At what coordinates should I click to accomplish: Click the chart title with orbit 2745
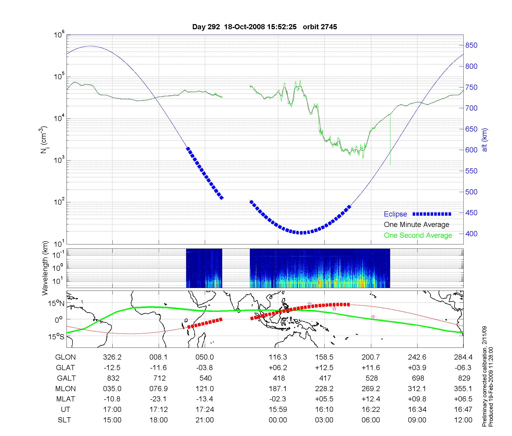[x=264, y=27]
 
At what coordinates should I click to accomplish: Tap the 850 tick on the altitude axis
[x=471, y=45]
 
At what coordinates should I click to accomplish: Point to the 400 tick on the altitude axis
[x=471, y=234]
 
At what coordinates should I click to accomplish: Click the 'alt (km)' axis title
[x=485, y=140]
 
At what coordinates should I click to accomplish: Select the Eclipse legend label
[x=395, y=214]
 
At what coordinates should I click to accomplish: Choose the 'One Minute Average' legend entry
[x=417, y=225]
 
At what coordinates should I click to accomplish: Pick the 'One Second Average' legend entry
[x=418, y=235]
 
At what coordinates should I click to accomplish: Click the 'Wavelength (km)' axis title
[x=45, y=268]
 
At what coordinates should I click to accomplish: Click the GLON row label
[x=66, y=357]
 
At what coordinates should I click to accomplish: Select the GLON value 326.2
[x=112, y=357]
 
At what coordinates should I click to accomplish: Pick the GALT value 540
[x=206, y=378]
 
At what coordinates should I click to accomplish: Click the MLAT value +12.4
[x=371, y=399]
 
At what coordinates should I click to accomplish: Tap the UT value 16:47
[x=463, y=410]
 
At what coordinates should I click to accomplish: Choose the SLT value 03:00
[x=324, y=420]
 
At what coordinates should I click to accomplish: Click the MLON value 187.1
[x=278, y=389]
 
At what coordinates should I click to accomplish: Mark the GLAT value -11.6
[x=158, y=368]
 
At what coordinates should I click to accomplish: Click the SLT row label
[x=64, y=420]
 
